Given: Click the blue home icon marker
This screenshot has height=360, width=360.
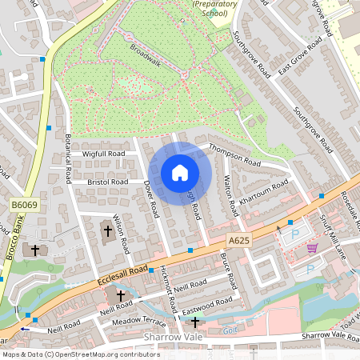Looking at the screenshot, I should (x=180, y=173).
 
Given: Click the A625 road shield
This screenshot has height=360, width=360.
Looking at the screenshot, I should (x=237, y=239).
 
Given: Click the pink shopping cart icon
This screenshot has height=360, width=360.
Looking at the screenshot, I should (x=312, y=248).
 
